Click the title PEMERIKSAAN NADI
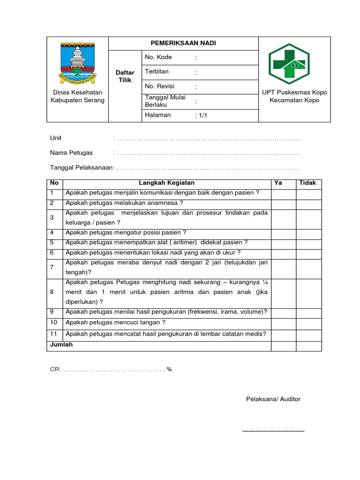[x=183, y=43]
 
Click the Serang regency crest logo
[x=77, y=62]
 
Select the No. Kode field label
[x=158, y=57]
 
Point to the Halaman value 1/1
[x=201, y=115]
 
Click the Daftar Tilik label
[x=125, y=76]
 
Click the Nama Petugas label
[x=71, y=153]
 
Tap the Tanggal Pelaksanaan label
[x=81, y=167]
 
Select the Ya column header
[x=278, y=183]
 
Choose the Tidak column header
[x=308, y=183]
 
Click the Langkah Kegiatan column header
[x=166, y=183]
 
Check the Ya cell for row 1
[x=283, y=193]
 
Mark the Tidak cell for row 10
[x=308, y=323]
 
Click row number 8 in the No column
[x=52, y=292]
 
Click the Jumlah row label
[x=61, y=345]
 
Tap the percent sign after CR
[x=169, y=369]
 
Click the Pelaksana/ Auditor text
[x=273, y=399]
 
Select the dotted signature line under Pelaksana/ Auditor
[x=273, y=429]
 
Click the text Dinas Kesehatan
[x=77, y=92]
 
